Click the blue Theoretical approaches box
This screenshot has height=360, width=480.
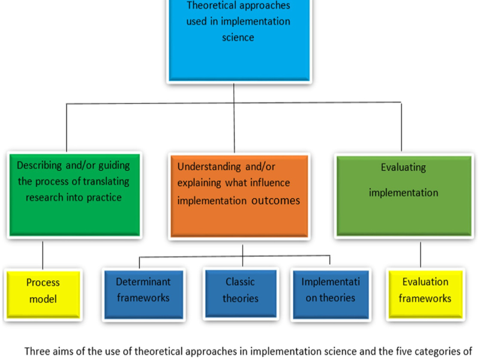tap(238, 39)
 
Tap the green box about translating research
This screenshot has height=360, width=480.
tap(73, 193)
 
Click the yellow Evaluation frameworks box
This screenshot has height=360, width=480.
tap(425, 290)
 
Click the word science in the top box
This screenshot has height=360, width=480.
tap(238, 37)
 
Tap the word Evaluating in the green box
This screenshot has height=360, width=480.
tap(403, 167)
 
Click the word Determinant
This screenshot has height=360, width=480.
tap(143, 281)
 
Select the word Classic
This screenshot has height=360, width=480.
tap(241, 281)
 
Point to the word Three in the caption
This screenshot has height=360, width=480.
tap(37, 352)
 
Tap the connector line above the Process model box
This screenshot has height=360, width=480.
tap(43, 254)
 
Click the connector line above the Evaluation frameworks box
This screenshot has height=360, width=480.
tap(421, 253)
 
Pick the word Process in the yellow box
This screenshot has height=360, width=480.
tap(43, 282)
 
